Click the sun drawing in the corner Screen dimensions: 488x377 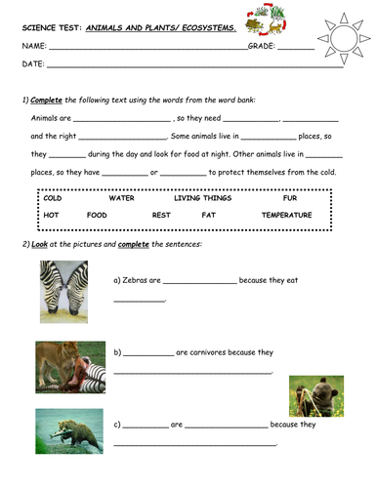pyautogui.click(x=345, y=37)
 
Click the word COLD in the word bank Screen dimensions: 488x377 pyautogui.click(x=54, y=198)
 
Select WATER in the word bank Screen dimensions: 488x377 pyautogui.click(x=122, y=198)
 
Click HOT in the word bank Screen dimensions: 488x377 pyautogui.click(x=52, y=215)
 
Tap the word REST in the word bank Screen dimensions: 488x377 pyautogui.click(x=161, y=215)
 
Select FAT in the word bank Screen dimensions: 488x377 pyautogui.click(x=208, y=215)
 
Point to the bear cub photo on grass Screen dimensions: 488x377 pyautogui.click(x=315, y=394)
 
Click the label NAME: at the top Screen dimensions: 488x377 pyautogui.click(x=34, y=45)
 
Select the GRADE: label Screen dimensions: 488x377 pyautogui.click(x=262, y=45)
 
